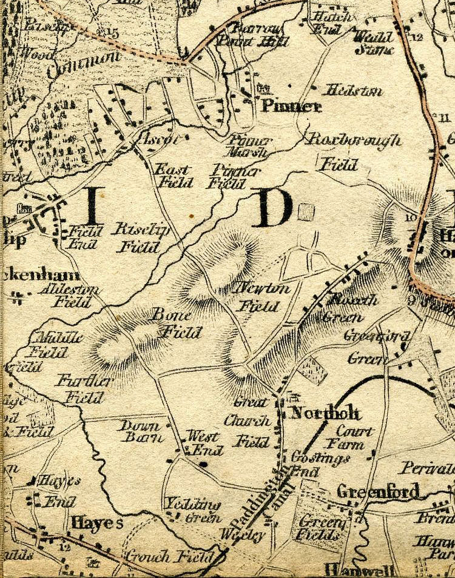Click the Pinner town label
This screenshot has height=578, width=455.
coord(291,107)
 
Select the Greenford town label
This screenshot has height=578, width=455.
coord(378,491)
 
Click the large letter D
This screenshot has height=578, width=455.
coord(271,208)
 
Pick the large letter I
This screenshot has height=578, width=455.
coord(93,205)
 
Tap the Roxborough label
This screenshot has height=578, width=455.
coord(354,140)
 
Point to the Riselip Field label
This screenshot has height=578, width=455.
coord(137,238)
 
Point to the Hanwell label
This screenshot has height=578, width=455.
coord(359,570)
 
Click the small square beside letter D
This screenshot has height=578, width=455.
coord(306,212)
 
